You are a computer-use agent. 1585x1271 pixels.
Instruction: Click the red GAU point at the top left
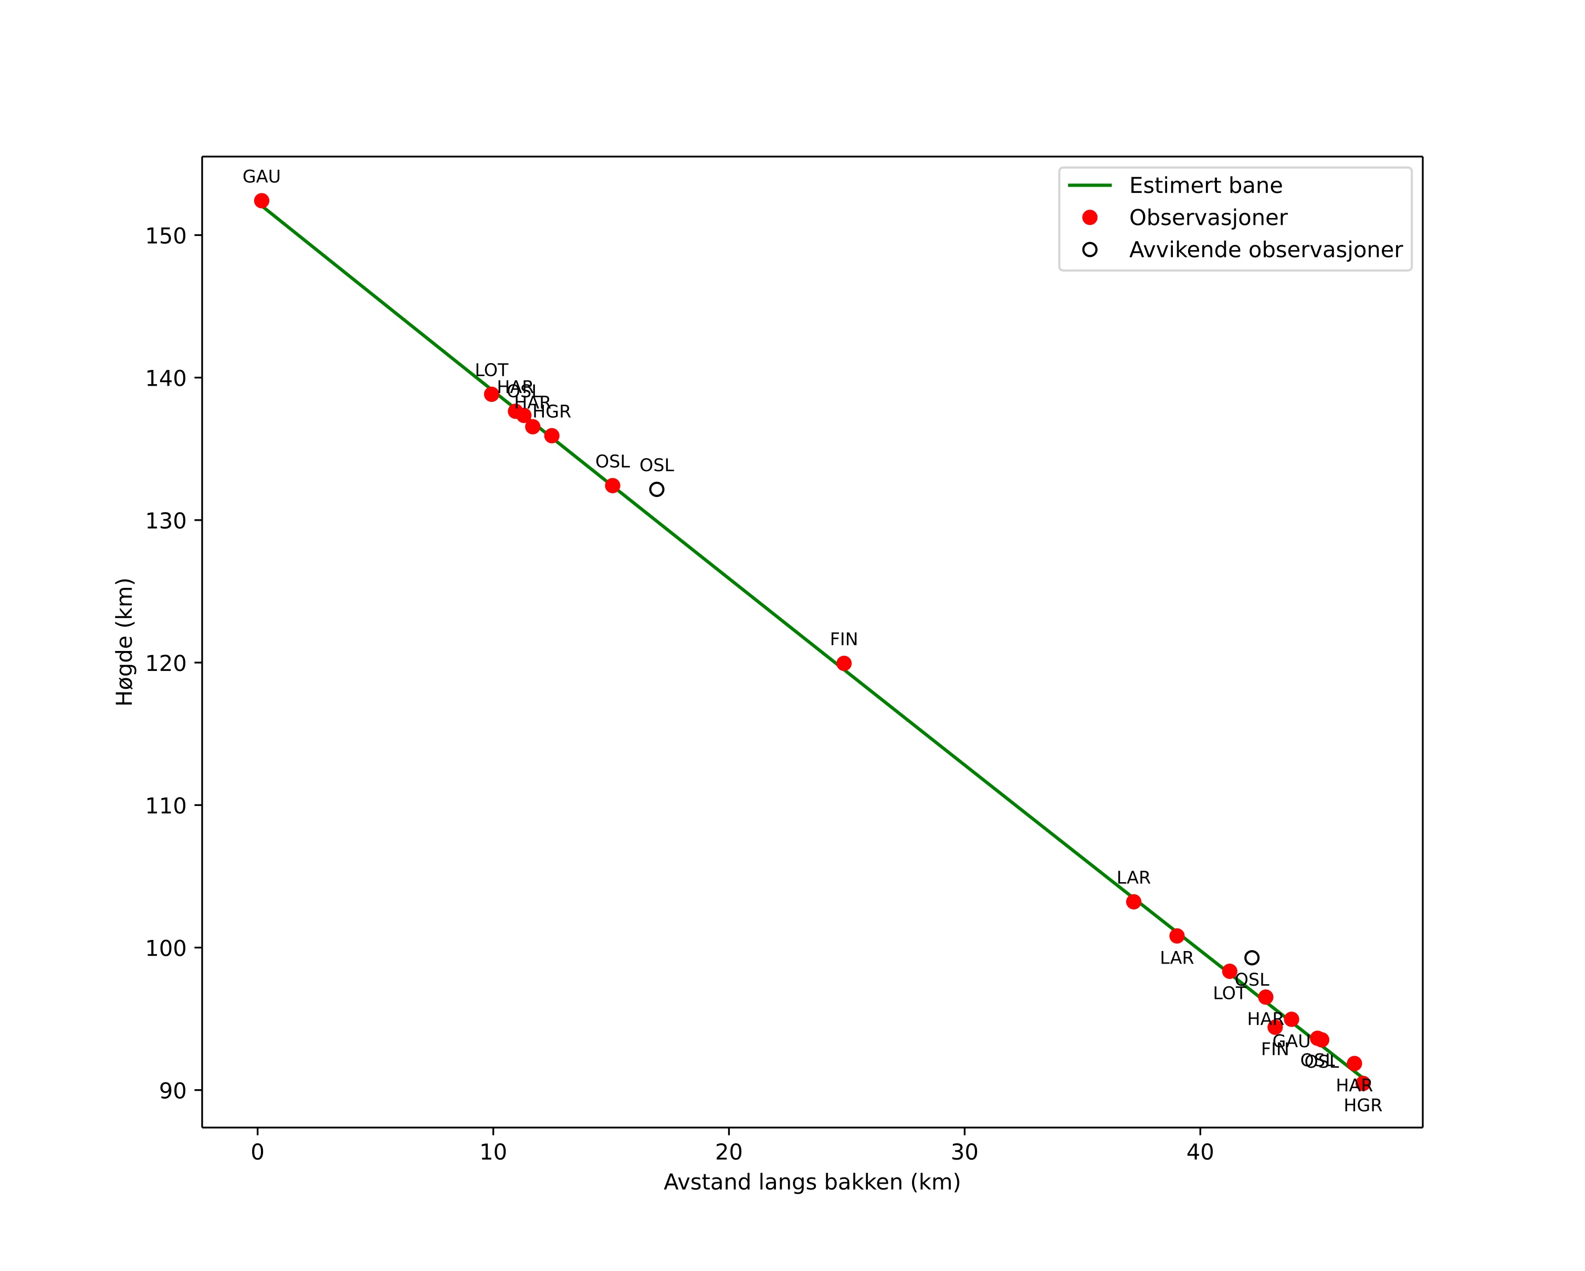261,201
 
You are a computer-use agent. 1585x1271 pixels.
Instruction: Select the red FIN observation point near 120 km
844,664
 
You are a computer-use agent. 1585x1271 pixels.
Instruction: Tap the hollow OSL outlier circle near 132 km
656,489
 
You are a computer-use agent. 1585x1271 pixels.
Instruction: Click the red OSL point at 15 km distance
612,485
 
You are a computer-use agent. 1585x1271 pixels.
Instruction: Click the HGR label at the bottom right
1362,1105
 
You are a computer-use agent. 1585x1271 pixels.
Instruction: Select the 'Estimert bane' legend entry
1205,185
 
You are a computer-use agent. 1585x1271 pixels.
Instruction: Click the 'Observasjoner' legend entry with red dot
1208,218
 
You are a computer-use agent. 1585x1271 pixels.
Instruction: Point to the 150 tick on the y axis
165,236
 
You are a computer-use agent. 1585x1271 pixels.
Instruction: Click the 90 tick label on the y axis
173,1091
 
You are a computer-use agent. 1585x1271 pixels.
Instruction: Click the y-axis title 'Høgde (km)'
125,642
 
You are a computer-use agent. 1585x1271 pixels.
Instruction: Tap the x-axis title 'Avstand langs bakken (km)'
812,1183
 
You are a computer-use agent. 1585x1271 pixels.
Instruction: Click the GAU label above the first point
261,177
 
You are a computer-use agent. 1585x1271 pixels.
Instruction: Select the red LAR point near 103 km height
1133,902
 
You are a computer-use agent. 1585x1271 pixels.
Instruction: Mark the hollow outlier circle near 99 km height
1252,958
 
